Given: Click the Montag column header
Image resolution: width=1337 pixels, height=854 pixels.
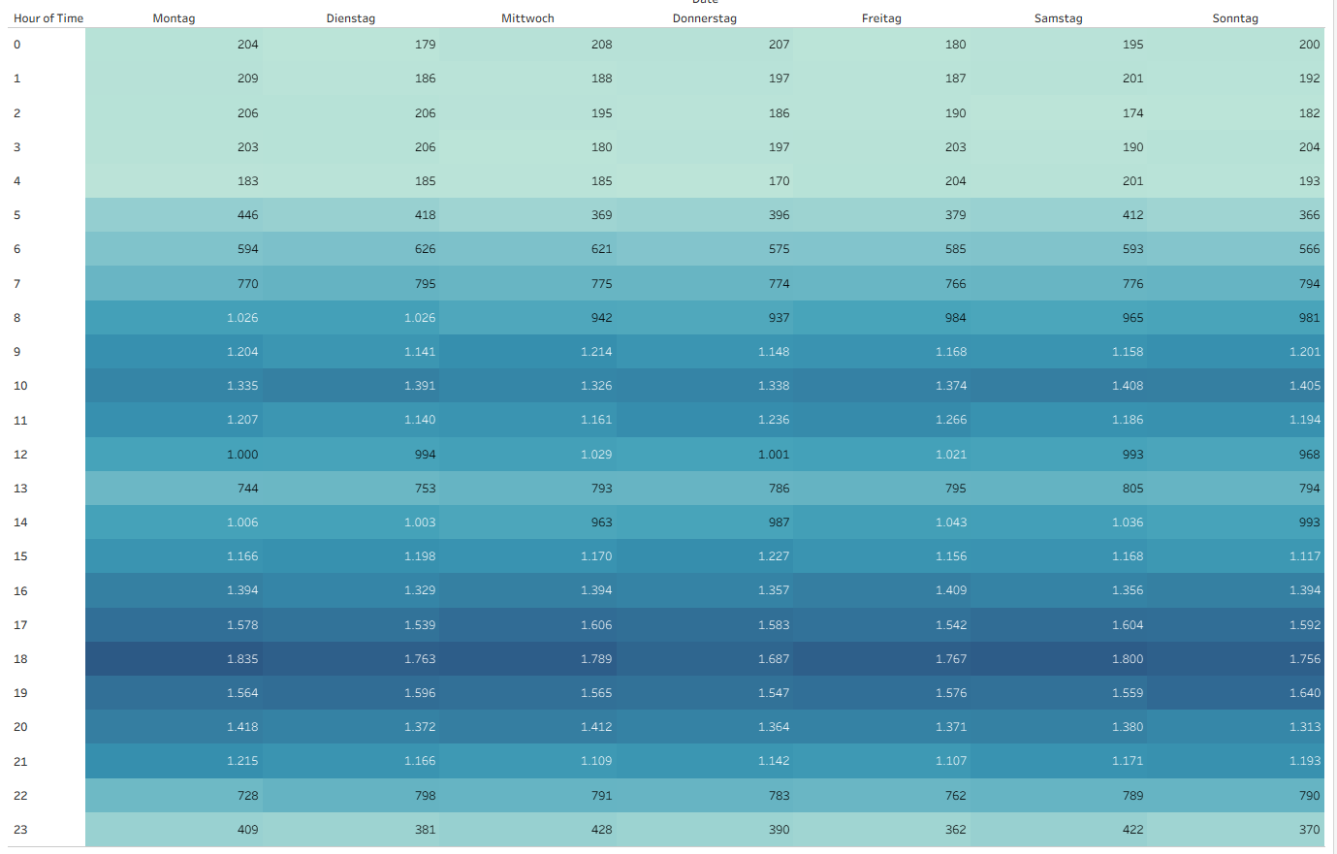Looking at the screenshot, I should (174, 18).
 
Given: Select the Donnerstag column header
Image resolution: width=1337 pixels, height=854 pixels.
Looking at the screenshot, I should (705, 18).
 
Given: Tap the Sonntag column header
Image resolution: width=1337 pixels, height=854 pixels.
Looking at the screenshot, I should (1235, 18).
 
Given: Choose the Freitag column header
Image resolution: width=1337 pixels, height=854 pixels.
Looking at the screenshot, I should (881, 18).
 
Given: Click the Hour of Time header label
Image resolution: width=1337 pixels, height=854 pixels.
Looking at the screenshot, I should (48, 18).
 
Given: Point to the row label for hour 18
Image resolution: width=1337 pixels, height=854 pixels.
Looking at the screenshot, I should (20, 659).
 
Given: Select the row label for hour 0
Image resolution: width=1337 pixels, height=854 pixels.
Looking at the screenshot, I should (16, 45).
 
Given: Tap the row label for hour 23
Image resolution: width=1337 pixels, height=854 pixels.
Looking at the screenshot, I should (20, 830).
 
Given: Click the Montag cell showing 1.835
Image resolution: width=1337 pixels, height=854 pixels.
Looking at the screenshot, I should (242, 659).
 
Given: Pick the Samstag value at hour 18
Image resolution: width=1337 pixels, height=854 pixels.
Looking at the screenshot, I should (1128, 659).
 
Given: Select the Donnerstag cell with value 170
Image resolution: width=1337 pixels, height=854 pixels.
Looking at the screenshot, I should (779, 181).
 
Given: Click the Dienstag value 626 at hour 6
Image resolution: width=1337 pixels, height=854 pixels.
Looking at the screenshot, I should (425, 249).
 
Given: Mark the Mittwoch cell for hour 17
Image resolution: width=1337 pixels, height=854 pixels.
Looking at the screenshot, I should (596, 625).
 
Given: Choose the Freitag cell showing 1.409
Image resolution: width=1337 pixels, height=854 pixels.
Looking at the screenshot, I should (951, 590).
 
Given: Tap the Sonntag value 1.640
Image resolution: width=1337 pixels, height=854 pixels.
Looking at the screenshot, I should (1305, 693).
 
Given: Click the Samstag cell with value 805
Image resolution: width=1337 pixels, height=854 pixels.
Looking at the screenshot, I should (1132, 489).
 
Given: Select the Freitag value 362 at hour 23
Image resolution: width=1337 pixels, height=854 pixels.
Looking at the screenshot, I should (955, 830).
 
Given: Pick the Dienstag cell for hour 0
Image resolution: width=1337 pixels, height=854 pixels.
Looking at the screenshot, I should (425, 45).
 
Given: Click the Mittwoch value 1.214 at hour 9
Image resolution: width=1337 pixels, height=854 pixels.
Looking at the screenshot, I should (596, 352).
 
